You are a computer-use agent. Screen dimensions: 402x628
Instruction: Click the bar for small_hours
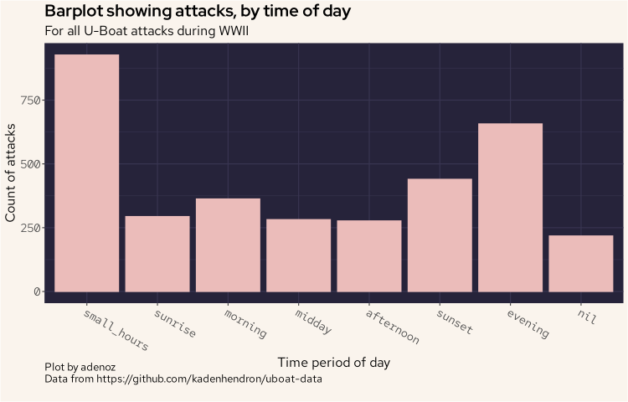click(x=87, y=173)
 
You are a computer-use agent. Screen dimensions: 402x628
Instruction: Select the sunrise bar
click(x=157, y=254)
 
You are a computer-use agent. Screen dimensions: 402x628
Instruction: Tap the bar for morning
click(x=228, y=245)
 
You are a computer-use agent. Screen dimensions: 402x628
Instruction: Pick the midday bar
click(x=298, y=255)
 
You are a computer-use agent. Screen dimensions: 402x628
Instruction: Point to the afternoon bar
click(x=369, y=256)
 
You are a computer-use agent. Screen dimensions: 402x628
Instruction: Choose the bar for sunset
click(x=440, y=235)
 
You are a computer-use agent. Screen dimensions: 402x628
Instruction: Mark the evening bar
click(x=510, y=208)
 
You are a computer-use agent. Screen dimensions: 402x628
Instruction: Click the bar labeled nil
click(x=581, y=263)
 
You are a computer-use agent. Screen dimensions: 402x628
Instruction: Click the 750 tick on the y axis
click(x=29, y=100)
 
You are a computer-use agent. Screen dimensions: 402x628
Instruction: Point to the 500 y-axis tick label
click(x=29, y=164)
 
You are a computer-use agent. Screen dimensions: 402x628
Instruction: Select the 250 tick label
click(x=29, y=228)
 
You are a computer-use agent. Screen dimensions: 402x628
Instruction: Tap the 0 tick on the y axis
click(x=35, y=291)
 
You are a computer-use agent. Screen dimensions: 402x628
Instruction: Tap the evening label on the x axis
click(x=528, y=323)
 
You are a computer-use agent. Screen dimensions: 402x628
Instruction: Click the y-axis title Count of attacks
click(x=11, y=173)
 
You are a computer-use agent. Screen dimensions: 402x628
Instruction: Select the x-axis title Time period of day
click(x=333, y=363)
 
